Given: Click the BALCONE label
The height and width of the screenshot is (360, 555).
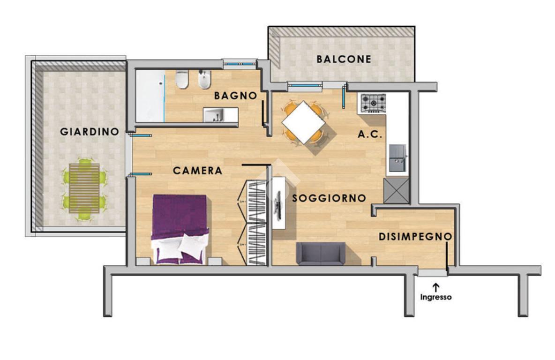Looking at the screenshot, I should (344, 60).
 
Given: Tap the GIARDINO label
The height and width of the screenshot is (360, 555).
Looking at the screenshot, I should (90, 132).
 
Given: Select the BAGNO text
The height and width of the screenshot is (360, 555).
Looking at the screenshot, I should (236, 96).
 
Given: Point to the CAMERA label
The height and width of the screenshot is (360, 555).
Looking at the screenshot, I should (197, 171).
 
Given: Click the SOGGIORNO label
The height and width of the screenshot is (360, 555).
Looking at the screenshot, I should (329, 198).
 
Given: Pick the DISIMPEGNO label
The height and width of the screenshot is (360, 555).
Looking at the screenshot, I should (415, 237).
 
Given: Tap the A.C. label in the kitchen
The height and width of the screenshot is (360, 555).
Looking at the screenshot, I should (370, 134).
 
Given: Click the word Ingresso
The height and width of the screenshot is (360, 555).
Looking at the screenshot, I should (436, 297).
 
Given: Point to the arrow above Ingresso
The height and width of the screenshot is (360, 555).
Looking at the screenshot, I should (436, 287).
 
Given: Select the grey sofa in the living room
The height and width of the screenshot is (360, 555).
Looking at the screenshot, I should (321, 254).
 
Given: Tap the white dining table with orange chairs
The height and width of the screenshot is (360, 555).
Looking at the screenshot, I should (304, 122).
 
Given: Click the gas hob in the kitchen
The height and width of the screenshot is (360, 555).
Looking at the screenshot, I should (373, 103).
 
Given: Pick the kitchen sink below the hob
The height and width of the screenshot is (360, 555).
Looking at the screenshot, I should (397, 157).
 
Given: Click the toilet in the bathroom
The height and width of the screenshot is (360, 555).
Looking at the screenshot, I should (182, 80).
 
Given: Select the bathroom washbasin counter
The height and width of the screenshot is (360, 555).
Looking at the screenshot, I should (220, 114).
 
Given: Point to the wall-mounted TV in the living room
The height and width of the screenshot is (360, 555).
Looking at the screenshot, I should (279, 202).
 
